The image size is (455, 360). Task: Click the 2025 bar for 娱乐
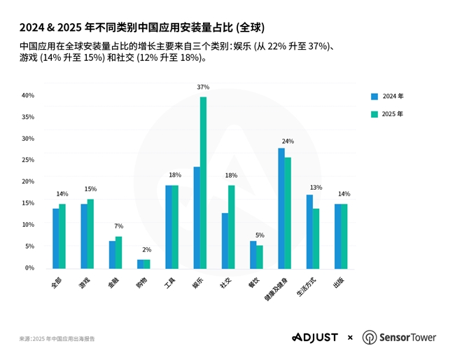[203, 183]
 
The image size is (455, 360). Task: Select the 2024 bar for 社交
[225, 241]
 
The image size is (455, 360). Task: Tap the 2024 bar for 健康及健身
[281, 208]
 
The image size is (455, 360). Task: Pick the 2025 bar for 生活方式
[316, 239]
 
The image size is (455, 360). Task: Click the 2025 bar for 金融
[118, 253]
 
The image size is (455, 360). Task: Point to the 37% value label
[203, 88]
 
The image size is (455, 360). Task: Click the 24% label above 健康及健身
[288, 141]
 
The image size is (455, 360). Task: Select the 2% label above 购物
[146, 250]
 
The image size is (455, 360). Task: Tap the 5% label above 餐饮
[260, 235]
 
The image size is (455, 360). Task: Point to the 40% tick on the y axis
[28, 95]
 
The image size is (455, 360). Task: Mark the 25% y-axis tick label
[28, 160]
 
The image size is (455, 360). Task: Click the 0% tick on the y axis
[29, 268]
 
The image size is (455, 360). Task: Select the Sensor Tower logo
[399, 338]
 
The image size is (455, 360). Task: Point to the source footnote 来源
[57, 339]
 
